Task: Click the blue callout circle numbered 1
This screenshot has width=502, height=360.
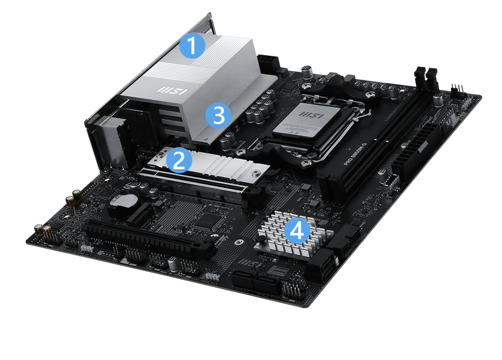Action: pos(192,46)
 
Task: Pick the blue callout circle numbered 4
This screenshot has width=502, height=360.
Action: pos(297,231)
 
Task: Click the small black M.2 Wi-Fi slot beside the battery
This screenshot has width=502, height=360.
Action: pos(143,216)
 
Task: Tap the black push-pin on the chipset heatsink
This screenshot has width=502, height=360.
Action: pos(262,245)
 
